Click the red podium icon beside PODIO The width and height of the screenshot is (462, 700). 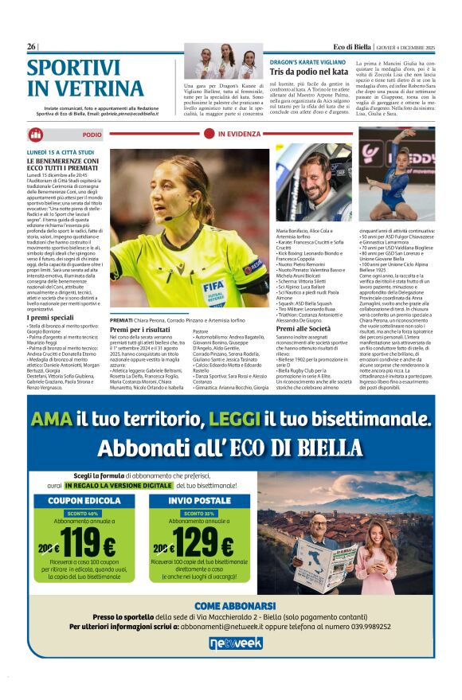coord(36,135)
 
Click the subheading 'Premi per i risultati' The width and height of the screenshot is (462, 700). coord(140,329)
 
